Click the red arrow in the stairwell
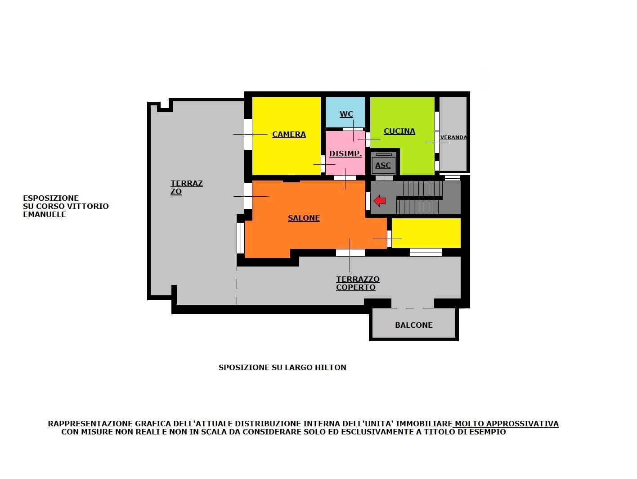pos(379,201)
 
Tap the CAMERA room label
pos(289,135)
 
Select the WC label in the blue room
pos(346,114)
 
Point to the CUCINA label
pos(399,131)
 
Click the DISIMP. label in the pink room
pos(345,154)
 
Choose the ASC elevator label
pos(383,166)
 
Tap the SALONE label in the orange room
pos(304,218)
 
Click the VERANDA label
pos(453,137)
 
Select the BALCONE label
pos(413,325)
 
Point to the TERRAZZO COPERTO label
pos(358,283)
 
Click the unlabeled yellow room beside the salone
pos(426,233)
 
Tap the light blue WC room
pos(345,112)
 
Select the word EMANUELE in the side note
pos(45,214)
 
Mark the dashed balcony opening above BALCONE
pos(413,308)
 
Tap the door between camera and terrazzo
pos(248,134)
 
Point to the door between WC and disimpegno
pos(353,129)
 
